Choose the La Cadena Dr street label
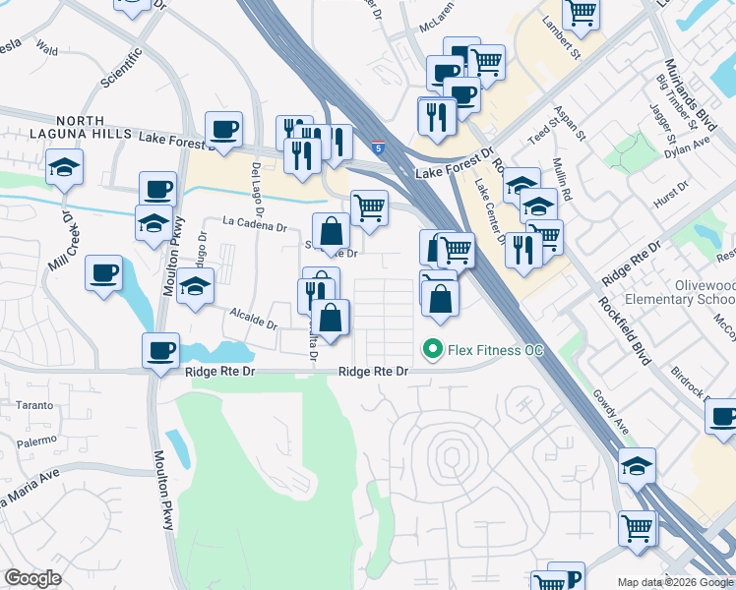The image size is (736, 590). (x=254, y=225)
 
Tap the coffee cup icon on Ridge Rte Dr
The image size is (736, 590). (x=160, y=351)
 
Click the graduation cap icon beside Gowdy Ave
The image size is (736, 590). (x=638, y=464)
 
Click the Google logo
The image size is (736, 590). (x=34, y=578)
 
